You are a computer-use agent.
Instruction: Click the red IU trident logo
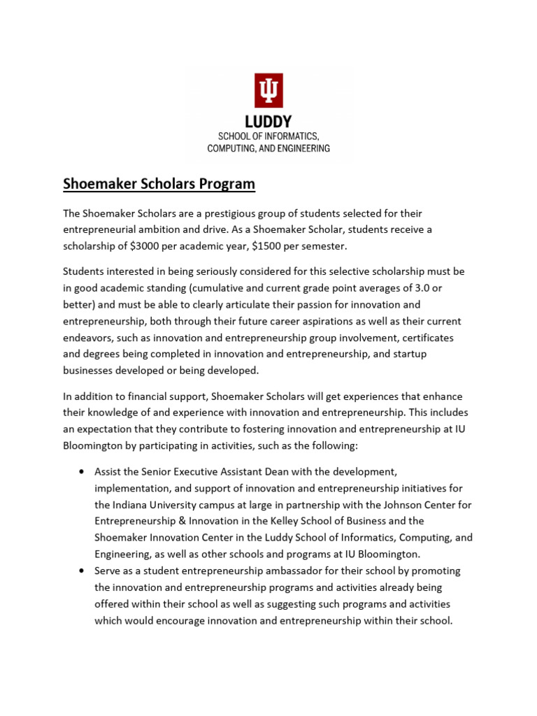[x=268, y=91]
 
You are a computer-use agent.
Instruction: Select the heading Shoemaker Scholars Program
[x=159, y=184]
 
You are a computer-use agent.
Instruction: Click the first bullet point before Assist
[x=81, y=471]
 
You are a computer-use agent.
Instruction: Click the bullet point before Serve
[x=81, y=571]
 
